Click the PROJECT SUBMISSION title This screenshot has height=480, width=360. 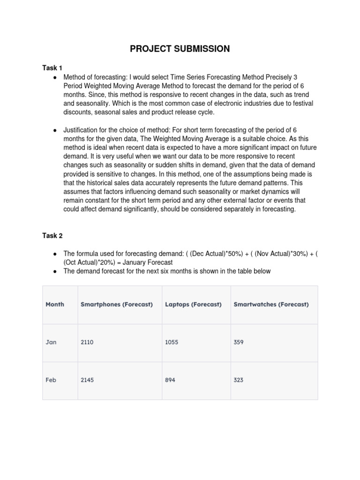click(180, 49)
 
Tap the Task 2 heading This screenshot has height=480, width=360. click(52, 235)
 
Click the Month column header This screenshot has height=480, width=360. click(55, 304)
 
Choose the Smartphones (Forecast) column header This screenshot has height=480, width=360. click(117, 304)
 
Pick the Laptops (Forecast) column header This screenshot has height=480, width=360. click(193, 304)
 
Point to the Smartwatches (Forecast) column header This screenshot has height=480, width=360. click(271, 304)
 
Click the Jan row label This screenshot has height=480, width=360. click(51, 342)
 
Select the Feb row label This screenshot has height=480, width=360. click(51, 380)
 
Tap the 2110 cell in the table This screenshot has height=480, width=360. click(87, 342)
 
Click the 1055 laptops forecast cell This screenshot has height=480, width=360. click(172, 342)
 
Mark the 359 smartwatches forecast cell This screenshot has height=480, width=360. click(239, 342)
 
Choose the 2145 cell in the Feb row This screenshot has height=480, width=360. click(87, 380)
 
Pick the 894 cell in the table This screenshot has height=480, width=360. click(170, 380)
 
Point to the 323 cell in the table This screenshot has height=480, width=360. click(239, 380)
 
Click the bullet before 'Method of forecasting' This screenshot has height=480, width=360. click(55, 76)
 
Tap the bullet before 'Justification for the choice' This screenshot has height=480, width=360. click(55, 129)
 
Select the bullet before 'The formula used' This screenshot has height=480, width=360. click(55, 254)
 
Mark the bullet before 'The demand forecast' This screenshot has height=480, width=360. click(55, 271)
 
